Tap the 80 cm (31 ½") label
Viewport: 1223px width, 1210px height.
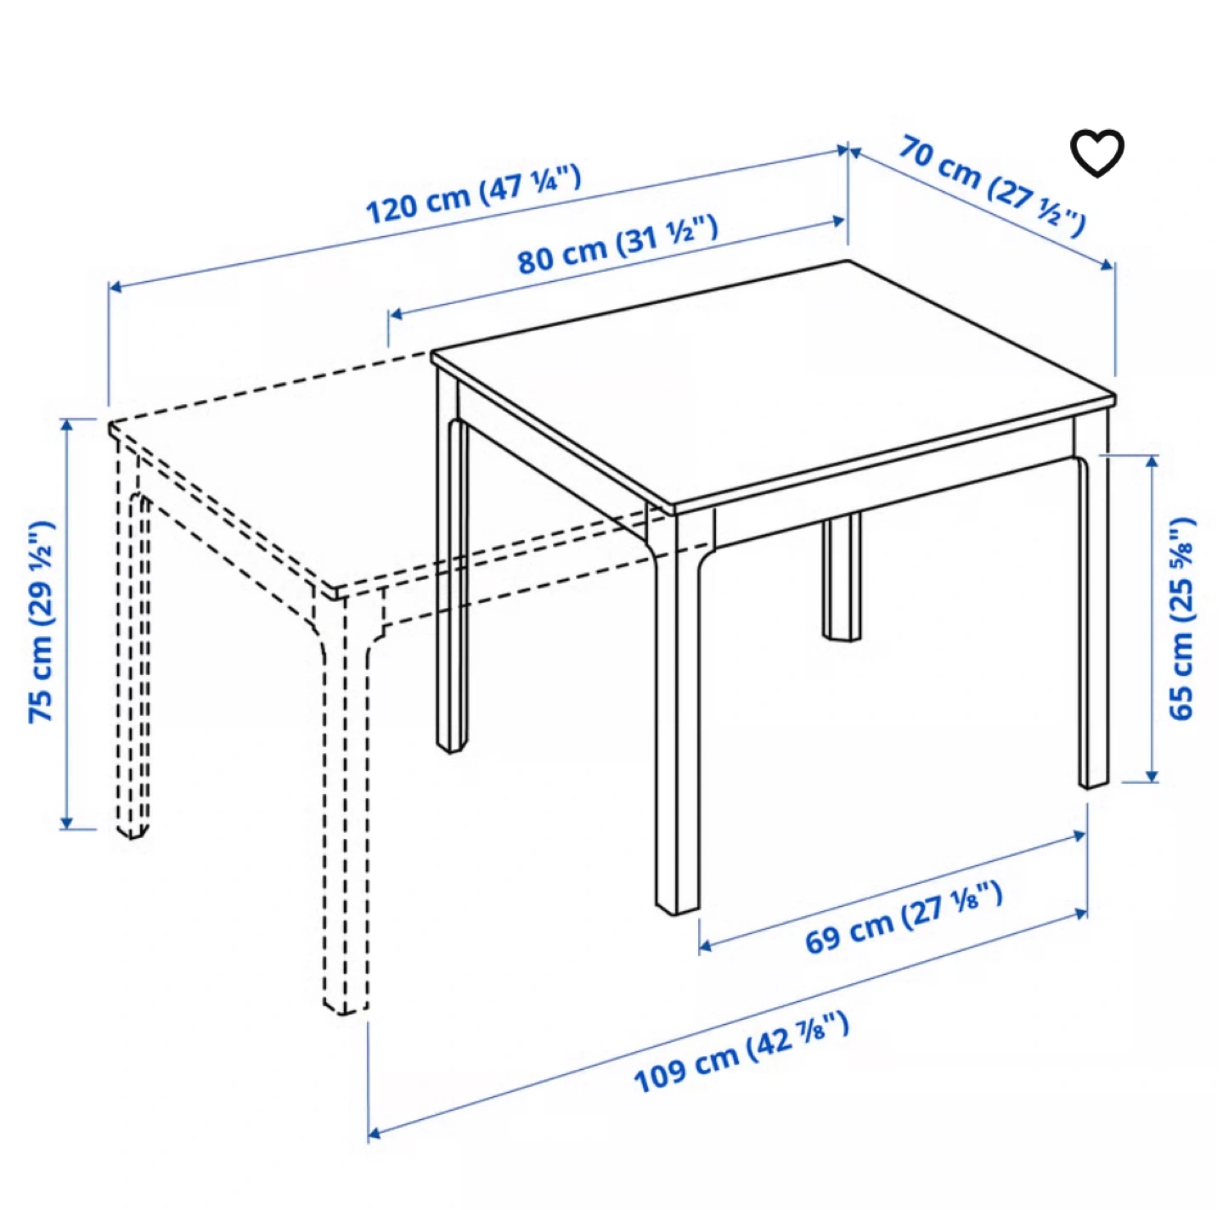[x=617, y=245]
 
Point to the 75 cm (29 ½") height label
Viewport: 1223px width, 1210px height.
[x=42, y=622]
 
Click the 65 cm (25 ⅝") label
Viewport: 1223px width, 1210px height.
[x=1181, y=619]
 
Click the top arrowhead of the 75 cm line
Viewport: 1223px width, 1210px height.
[x=66, y=425]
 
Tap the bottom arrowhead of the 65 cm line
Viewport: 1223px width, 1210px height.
[x=1153, y=776]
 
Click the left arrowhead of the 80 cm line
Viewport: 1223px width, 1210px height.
[x=396, y=314]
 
